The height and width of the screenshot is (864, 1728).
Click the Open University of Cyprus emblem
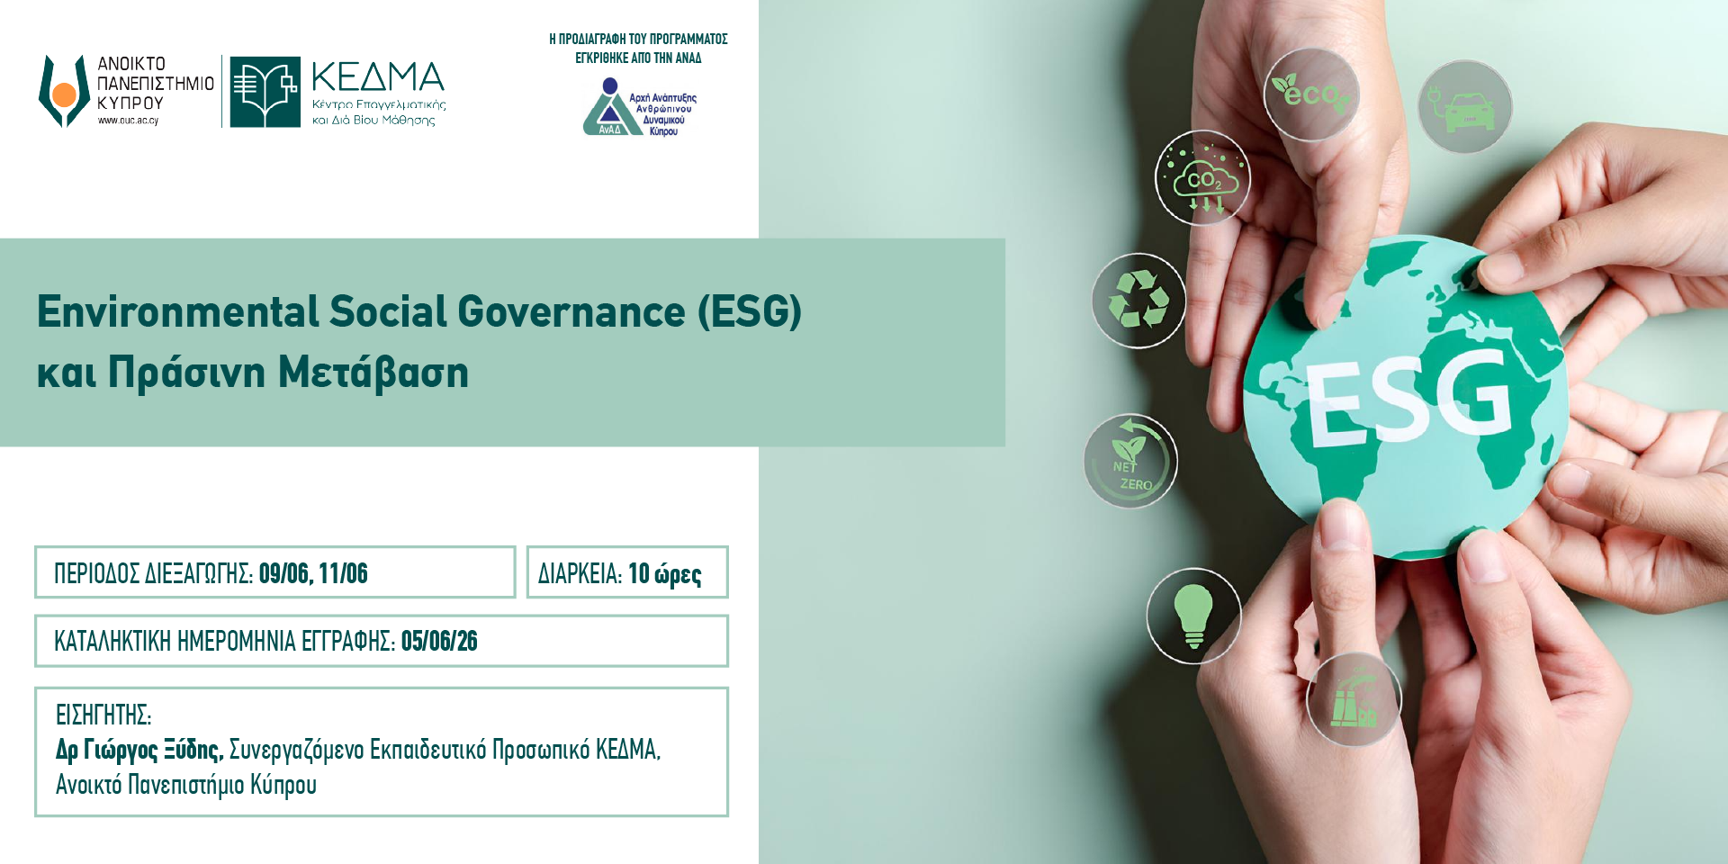click(x=64, y=91)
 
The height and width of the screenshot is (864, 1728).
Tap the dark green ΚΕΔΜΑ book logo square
click(x=265, y=92)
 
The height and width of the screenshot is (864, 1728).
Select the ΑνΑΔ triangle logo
click(x=610, y=108)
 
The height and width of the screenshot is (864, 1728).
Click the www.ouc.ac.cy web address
click(x=128, y=121)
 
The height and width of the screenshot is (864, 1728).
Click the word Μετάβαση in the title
click(x=373, y=373)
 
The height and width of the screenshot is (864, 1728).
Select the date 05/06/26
click(x=439, y=641)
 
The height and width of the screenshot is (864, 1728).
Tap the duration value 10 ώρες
click(x=664, y=573)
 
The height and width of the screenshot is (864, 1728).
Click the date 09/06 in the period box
click(x=283, y=573)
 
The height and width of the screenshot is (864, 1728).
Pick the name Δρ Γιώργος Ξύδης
click(x=139, y=749)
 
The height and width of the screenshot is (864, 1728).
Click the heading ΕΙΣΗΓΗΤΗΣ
click(x=103, y=715)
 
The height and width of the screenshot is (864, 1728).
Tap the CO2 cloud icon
click(x=1203, y=178)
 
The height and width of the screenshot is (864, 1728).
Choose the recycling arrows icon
click(x=1138, y=301)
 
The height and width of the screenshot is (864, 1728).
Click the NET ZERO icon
click(x=1130, y=461)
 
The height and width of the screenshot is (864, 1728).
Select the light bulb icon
click(x=1193, y=616)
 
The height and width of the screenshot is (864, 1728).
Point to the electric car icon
click(x=1465, y=107)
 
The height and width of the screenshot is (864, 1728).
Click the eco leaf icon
click(x=1311, y=94)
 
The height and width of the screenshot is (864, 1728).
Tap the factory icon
click(x=1354, y=699)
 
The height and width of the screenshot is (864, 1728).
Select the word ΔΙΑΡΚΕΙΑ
click(x=580, y=573)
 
